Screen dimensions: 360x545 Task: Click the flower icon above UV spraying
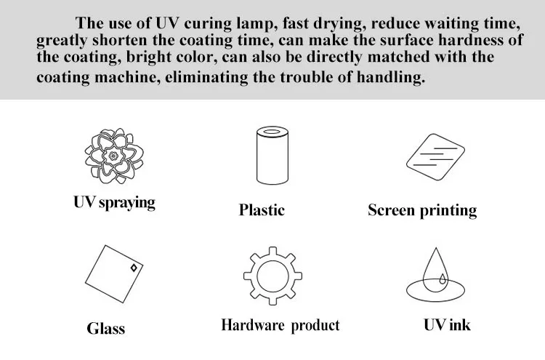(x=114, y=156)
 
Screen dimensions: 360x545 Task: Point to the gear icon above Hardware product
(x=272, y=276)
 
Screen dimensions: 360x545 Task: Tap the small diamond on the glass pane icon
(x=134, y=269)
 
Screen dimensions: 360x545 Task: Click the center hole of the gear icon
(x=272, y=276)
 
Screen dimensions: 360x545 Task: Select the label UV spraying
(x=114, y=201)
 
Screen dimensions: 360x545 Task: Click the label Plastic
(x=262, y=210)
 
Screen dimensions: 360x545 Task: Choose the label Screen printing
(x=422, y=211)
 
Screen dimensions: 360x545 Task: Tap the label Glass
(x=106, y=328)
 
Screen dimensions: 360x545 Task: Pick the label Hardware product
(x=280, y=325)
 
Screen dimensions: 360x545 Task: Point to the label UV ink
(x=447, y=324)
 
